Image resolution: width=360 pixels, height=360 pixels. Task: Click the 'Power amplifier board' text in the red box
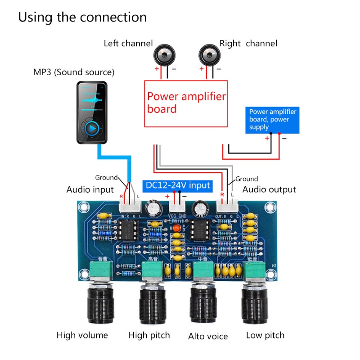coord(186,103)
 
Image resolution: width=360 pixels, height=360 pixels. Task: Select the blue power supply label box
coord(272,120)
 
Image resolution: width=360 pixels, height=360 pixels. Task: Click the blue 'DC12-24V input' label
coord(177,185)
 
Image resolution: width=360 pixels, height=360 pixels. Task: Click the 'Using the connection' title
coord(82,18)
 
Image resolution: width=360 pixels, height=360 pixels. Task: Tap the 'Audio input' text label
coord(90,189)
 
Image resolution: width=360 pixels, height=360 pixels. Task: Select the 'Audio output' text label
coord(269,189)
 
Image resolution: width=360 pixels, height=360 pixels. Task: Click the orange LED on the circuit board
coord(177,229)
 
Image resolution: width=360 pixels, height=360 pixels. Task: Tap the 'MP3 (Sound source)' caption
coord(74,72)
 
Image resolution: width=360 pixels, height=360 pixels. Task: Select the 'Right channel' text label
coord(248,44)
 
